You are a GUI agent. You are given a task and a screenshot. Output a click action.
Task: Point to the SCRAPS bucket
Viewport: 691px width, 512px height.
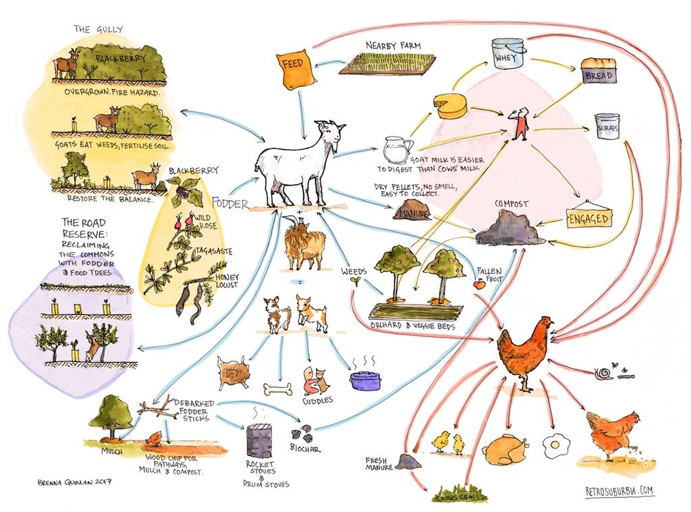point(607,126)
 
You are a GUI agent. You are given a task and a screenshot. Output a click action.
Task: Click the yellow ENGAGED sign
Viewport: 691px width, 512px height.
point(588,215)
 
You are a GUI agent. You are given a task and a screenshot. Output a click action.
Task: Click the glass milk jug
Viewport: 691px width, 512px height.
point(397,150)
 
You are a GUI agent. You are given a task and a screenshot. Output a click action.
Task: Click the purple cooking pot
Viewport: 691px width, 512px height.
point(365,380)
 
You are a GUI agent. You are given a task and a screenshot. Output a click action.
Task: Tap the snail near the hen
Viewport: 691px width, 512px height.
point(603,373)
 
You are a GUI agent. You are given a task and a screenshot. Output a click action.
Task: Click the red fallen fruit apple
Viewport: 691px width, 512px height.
point(479,284)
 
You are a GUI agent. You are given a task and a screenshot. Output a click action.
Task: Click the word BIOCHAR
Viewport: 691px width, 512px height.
point(305,448)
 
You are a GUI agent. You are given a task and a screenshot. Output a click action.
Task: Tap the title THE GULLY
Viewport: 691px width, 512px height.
point(98,30)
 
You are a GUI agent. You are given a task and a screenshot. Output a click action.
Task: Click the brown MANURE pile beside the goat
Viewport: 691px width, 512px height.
point(414,210)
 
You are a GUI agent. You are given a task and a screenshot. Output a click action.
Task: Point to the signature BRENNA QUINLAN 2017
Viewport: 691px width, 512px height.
point(74,482)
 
